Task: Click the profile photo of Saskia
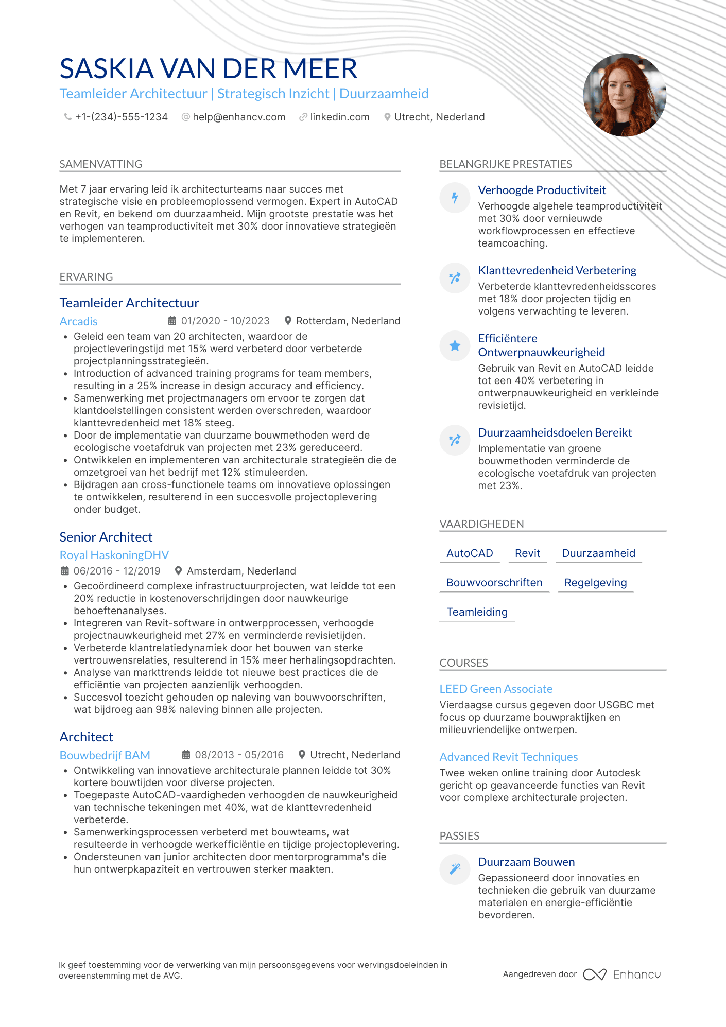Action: (x=624, y=95)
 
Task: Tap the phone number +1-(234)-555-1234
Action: (x=121, y=117)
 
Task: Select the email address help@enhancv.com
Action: (x=239, y=117)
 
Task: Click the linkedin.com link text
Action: (x=340, y=117)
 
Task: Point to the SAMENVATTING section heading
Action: (x=101, y=164)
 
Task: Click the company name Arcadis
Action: (x=79, y=322)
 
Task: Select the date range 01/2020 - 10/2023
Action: (x=225, y=321)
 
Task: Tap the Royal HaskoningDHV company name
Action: (x=114, y=555)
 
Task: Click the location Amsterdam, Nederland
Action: (x=241, y=571)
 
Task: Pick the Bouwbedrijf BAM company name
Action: (x=105, y=756)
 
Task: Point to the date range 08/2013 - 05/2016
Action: (x=239, y=755)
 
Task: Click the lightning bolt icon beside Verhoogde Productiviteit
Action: (x=455, y=198)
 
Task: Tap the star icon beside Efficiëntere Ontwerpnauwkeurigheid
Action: (x=455, y=346)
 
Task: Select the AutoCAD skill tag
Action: (x=470, y=553)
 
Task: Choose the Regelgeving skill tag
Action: (x=595, y=583)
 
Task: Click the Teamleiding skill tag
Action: (x=477, y=612)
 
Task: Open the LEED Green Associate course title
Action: (x=496, y=689)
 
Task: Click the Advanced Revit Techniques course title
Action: (x=508, y=757)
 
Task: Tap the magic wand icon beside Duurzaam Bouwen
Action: (x=455, y=869)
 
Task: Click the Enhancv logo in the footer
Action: (x=621, y=974)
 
